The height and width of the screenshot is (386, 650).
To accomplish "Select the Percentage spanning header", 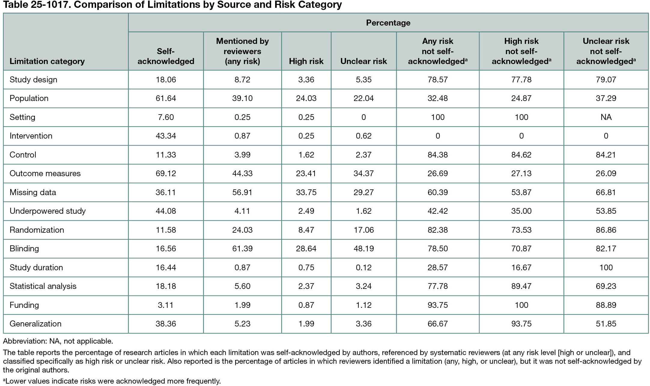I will click(388, 23).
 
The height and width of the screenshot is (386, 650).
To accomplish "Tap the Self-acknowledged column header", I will click(166, 56).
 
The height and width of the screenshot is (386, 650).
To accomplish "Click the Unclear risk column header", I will click(363, 61).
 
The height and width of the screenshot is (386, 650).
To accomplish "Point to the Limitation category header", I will click(47, 61).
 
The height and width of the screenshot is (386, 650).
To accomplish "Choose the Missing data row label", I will click(33, 192).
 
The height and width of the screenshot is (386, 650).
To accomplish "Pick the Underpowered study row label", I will click(47, 211).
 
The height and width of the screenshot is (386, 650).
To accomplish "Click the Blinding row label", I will click(24, 249).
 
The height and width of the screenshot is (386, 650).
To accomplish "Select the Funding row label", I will click(24, 305).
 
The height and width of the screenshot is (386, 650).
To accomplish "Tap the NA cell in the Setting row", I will click(606, 117).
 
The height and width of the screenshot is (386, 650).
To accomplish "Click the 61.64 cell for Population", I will click(166, 98).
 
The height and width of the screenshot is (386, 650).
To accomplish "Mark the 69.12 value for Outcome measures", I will click(166, 173).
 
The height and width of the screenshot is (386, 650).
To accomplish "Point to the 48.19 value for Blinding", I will click(363, 249).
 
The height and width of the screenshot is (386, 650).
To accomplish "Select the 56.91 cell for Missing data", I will click(242, 192).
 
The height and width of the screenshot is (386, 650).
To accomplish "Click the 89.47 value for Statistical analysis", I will click(521, 286).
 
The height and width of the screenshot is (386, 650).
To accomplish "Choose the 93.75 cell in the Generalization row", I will click(521, 324).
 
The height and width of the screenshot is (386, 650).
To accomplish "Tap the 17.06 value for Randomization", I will click(363, 230).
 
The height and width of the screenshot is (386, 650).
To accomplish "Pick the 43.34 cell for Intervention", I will click(166, 136).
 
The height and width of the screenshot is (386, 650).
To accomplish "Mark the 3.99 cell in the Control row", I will click(242, 155).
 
